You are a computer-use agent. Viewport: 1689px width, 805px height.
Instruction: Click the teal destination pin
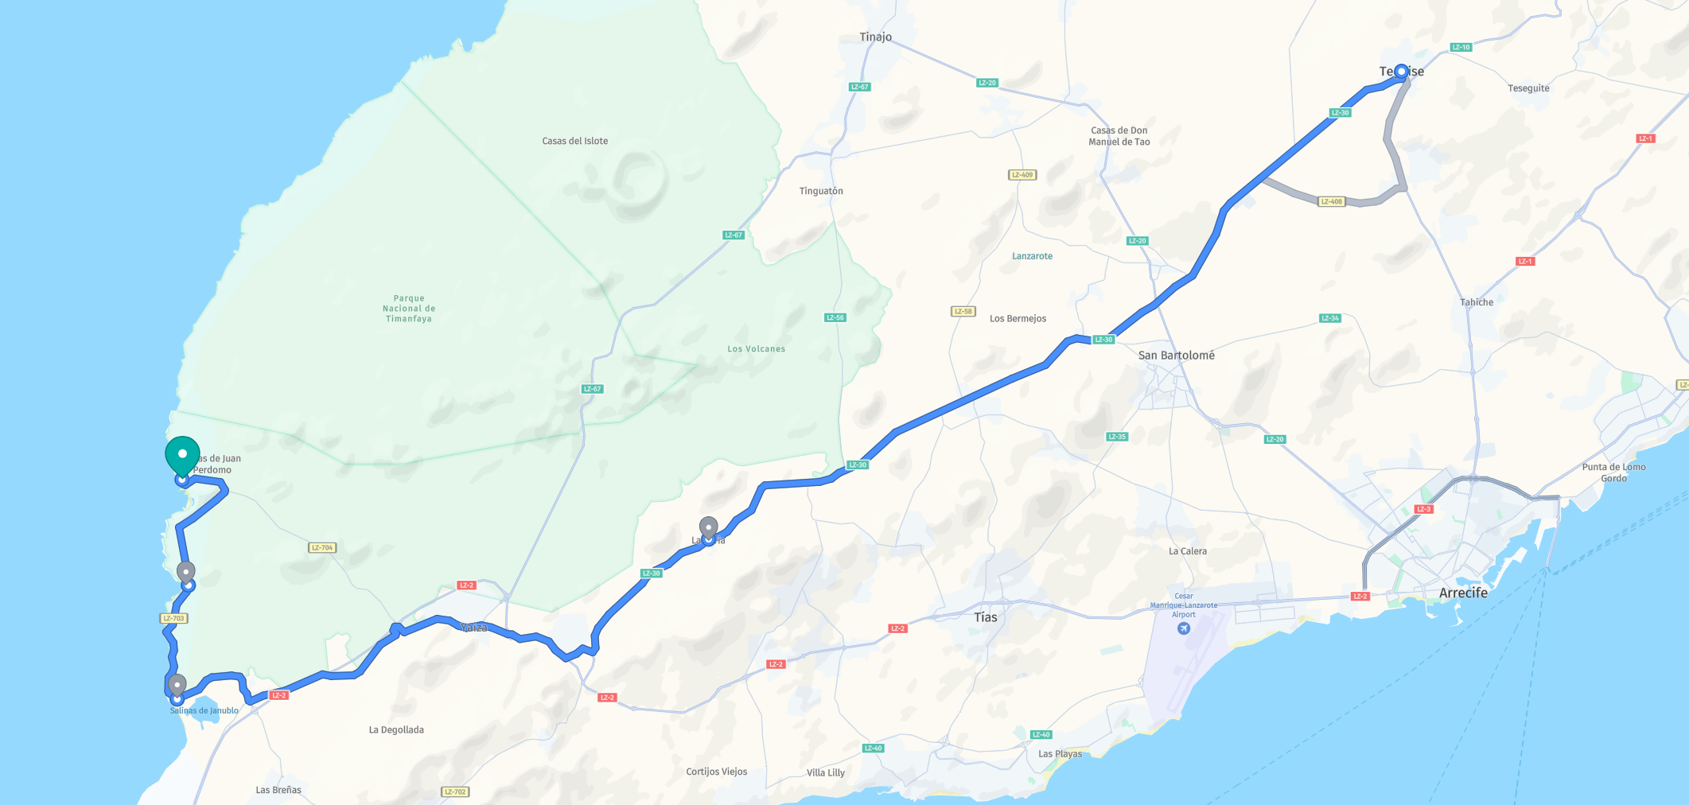coord(182,455)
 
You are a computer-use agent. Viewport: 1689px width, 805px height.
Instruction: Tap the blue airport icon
coord(1184,628)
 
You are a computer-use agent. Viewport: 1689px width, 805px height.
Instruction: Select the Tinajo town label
coord(875,37)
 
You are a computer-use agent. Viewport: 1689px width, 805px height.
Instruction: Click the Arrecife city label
coord(1463,593)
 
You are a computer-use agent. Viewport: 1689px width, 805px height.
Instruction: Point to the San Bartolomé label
coord(1176,356)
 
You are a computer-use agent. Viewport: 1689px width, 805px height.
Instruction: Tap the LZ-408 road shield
coord(1331,201)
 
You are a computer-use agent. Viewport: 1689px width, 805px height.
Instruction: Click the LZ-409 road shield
coord(1022,175)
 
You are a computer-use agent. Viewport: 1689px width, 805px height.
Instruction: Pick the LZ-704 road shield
coord(322,547)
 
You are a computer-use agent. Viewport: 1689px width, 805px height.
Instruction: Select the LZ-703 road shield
coord(173,618)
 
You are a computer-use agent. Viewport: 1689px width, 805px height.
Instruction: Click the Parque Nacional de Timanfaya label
coord(409,309)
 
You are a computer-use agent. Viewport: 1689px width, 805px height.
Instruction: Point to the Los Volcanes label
coord(756,348)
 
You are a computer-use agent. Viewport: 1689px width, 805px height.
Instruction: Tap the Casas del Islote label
coord(574,141)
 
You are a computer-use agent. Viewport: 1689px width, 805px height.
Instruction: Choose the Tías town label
coord(985,617)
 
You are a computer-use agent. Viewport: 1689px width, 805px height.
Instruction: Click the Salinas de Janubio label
coord(204,710)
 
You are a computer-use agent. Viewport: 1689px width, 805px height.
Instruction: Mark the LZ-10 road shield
coord(1461,47)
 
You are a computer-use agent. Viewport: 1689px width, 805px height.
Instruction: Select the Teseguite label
coord(1528,88)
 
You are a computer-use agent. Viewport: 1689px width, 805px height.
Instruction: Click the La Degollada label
coord(396,729)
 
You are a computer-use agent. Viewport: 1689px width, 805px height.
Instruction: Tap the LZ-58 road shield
coord(963,311)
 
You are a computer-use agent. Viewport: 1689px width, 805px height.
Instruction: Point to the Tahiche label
coord(1476,302)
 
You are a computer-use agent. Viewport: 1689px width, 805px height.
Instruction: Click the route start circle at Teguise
coord(1401,72)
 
